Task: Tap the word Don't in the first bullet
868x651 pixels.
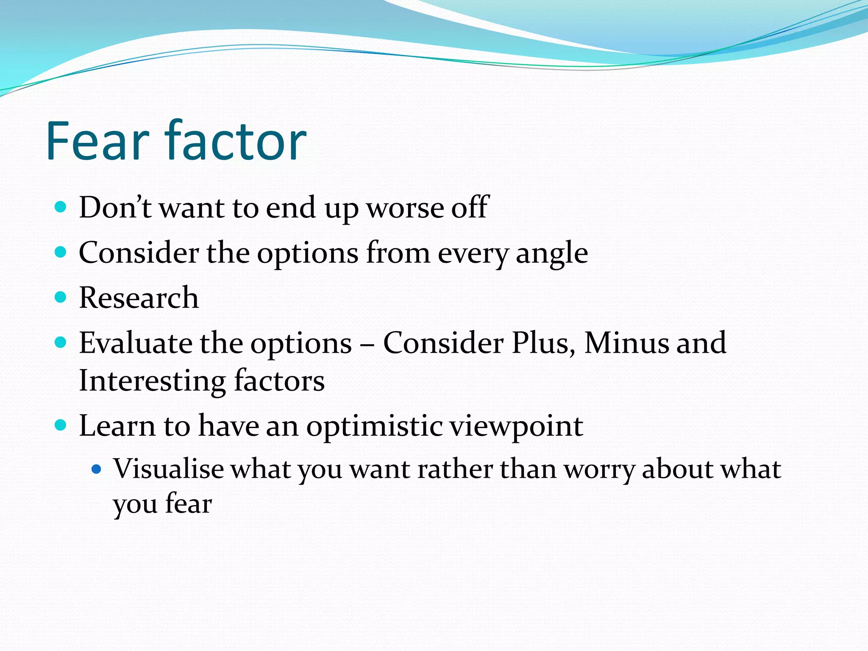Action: point(115,208)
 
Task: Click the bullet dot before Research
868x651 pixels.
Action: point(61,297)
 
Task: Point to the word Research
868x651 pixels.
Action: point(139,298)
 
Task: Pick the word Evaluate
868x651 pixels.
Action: point(135,343)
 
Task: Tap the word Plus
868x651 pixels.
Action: point(543,343)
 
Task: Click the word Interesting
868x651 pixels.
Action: point(152,381)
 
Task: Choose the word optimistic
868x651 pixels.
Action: point(374,426)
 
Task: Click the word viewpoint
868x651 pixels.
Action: point(516,426)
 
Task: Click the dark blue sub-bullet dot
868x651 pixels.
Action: point(97,469)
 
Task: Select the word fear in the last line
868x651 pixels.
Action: point(188,504)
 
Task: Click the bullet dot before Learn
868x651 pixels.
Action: point(61,425)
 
